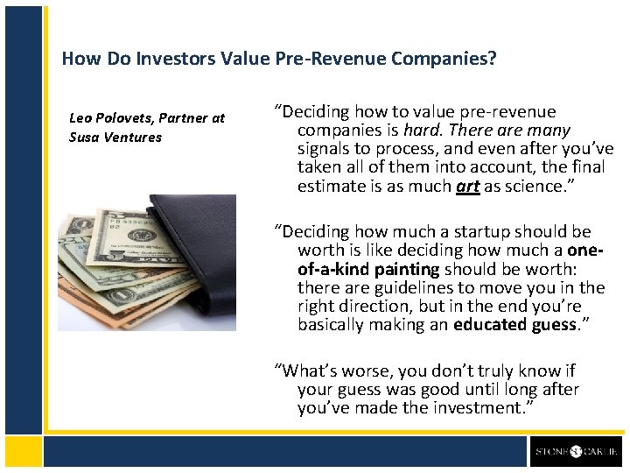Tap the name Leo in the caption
(x=81, y=117)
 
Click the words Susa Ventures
(x=115, y=137)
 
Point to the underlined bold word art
(x=467, y=186)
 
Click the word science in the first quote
(x=528, y=186)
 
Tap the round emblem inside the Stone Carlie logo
(x=575, y=451)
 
